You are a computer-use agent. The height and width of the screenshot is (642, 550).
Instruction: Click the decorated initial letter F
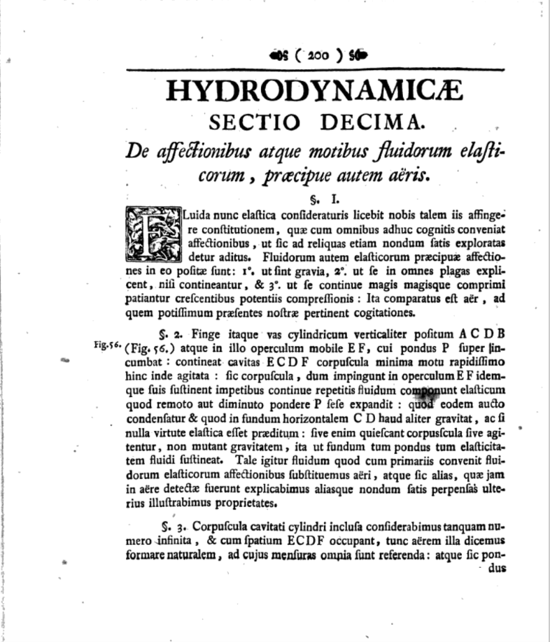coord(153,234)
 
